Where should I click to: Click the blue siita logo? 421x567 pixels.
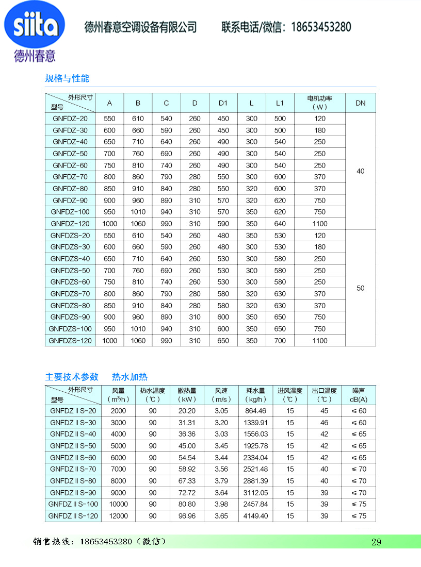[x=35, y=25]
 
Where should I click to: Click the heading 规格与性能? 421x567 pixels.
[x=67, y=78]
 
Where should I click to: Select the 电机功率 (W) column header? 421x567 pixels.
[x=319, y=103]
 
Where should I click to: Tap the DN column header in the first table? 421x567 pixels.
[x=360, y=103]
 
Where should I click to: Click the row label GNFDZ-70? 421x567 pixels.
[x=70, y=177]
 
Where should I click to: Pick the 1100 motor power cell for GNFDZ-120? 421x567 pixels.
[x=319, y=224]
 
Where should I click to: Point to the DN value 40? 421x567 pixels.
[x=360, y=171]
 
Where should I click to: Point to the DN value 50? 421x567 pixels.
[x=360, y=288]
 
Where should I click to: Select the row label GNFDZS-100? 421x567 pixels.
[x=70, y=329]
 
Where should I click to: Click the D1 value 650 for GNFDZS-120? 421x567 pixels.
[x=223, y=341]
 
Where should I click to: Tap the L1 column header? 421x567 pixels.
[x=280, y=103]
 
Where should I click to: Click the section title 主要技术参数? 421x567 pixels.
[x=72, y=377]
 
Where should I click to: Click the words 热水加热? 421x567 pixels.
[x=129, y=377]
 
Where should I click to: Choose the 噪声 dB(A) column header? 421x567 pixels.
[x=358, y=395]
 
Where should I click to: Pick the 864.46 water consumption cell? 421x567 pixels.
[x=255, y=411]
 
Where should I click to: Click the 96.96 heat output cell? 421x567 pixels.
[x=187, y=516]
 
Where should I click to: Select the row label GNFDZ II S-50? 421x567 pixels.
[x=73, y=446]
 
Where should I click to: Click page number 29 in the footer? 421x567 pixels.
[x=376, y=542]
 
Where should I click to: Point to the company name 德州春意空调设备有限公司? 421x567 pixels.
[x=140, y=27]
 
